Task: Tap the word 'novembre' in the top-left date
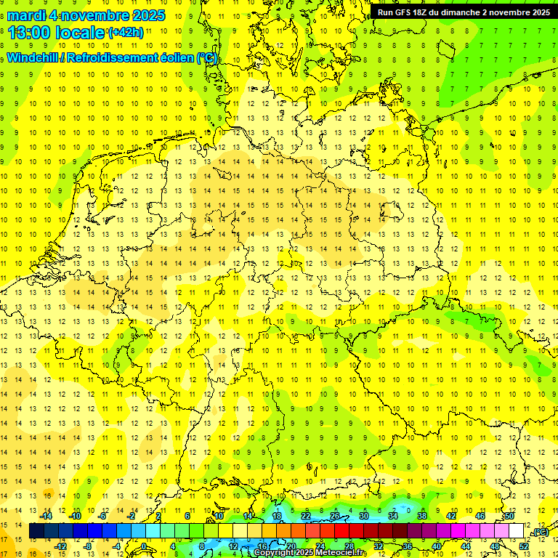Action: [88, 15]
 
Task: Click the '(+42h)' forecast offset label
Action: [126, 33]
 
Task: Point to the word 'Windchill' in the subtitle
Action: [32, 57]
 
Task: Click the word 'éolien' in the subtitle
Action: [171, 57]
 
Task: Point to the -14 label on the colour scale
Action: [48, 516]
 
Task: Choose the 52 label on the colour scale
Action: [524, 546]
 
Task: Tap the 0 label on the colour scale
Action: [144, 546]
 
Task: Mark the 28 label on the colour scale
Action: [349, 546]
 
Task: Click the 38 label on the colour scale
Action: [421, 516]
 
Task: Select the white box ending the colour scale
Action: [516, 531]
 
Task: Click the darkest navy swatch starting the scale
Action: [36, 531]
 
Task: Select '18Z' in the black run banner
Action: [421, 12]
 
